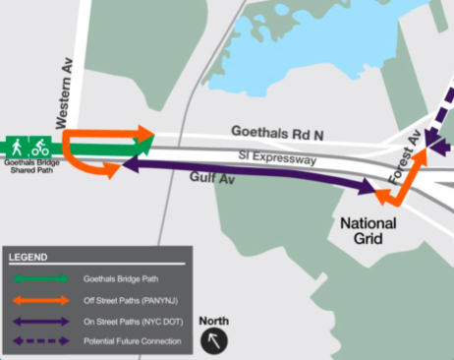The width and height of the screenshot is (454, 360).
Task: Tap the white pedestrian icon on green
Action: [17, 147]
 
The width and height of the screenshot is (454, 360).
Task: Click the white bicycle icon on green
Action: [39, 147]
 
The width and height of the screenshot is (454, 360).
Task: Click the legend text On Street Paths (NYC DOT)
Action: [135, 321]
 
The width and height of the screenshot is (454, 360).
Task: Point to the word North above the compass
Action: [214, 322]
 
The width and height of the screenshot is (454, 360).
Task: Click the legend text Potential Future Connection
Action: [135, 340]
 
